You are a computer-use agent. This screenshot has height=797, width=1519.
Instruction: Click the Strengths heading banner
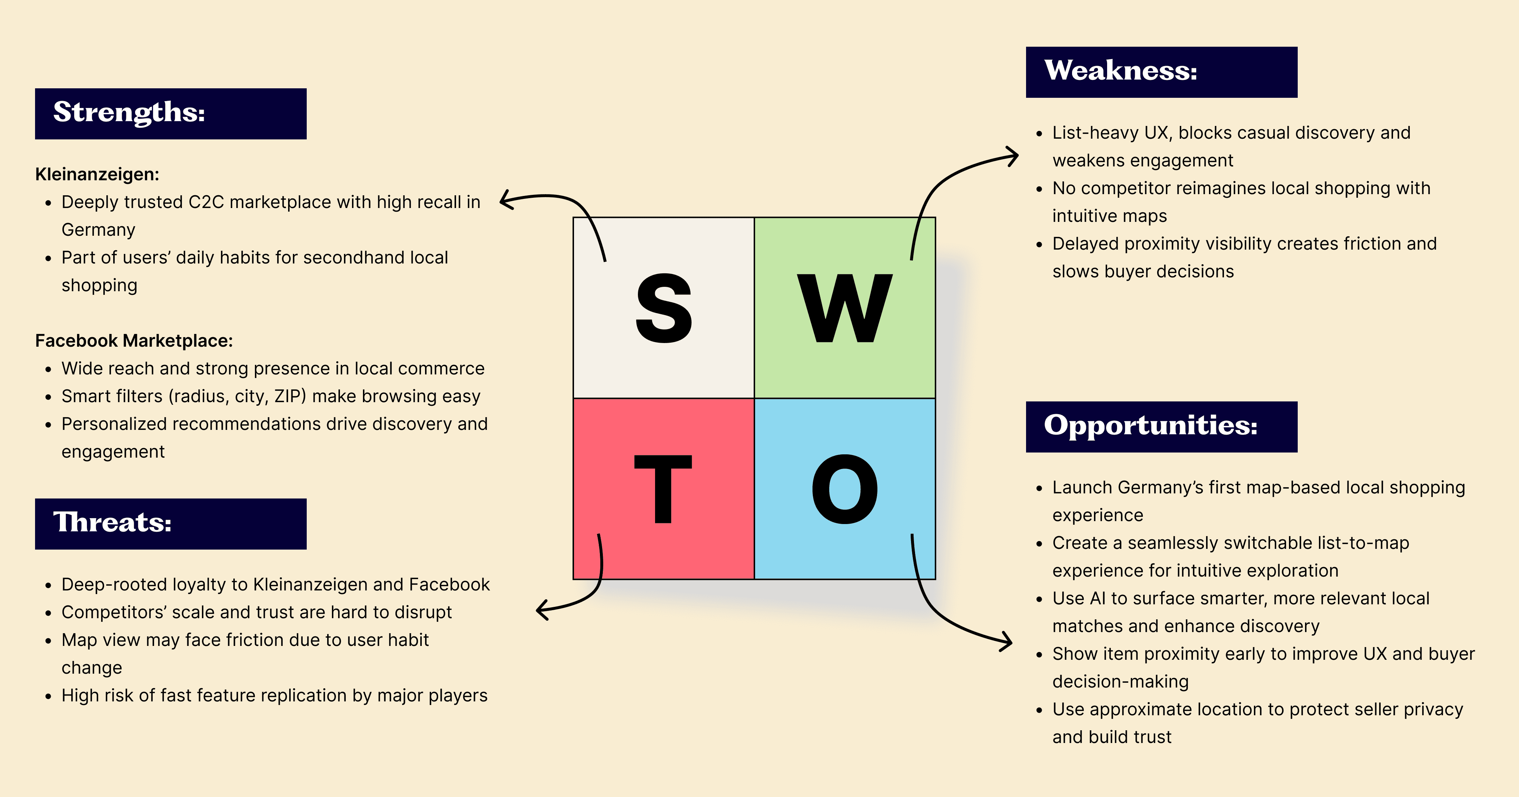pos(171,114)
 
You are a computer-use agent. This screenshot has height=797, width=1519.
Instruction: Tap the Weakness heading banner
pos(1161,72)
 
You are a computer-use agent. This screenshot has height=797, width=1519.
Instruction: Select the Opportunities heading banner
pos(1161,427)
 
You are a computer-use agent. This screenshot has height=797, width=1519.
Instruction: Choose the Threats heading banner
pos(171,523)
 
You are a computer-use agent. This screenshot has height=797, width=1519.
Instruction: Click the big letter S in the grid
pos(663,308)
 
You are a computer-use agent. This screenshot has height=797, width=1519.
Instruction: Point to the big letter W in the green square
pos(845,308)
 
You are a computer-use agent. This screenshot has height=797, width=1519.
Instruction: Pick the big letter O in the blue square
pos(845,489)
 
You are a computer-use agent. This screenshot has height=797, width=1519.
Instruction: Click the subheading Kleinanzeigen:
pos(97,174)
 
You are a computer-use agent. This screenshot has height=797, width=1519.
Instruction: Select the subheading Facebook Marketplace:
pos(134,341)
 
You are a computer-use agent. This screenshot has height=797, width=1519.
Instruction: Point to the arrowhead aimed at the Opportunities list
pos(1007,642)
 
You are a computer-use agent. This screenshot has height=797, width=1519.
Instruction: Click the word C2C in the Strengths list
pos(206,202)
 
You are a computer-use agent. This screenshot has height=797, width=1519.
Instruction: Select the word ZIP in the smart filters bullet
pos(288,396)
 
